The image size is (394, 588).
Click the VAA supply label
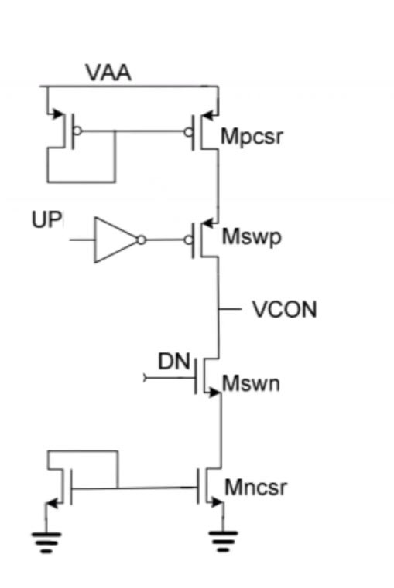(108, 73)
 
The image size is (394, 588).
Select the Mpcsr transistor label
(252, 138)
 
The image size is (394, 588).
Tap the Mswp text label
(252, 237)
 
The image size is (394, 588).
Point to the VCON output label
(284, 310)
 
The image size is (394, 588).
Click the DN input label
(174, 360)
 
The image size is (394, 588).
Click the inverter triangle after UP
(115, 240)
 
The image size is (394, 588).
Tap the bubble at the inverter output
(140, 240)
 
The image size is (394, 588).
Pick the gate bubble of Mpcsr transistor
(188, 131)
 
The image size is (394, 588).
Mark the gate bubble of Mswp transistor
(188, 240)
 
